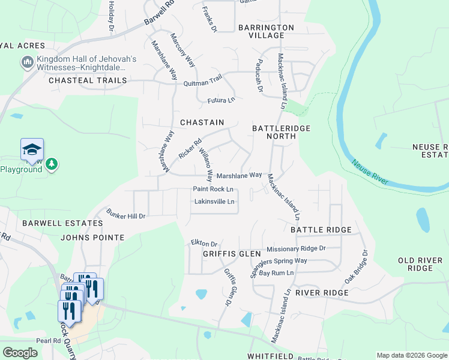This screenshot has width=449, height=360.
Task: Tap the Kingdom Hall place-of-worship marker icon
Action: [27, 62]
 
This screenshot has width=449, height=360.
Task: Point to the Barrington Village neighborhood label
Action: [266, 31]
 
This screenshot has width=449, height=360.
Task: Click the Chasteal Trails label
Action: [88, 80]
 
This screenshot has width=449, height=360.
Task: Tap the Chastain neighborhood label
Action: [202, 122]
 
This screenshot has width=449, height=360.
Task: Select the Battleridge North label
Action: [274, 132]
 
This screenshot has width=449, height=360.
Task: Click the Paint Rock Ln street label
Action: [212, 189]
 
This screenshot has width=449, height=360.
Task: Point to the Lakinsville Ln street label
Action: [214, 202]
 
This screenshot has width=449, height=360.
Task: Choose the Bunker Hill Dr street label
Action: [126, 214]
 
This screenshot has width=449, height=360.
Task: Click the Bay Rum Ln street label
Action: [277, 273]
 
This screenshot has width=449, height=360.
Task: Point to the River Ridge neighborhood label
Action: [322, 293]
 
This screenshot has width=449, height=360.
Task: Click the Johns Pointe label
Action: [92, 238]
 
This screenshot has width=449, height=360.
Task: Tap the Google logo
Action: [20, 353]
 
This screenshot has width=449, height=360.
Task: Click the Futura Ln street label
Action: [221, 100]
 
